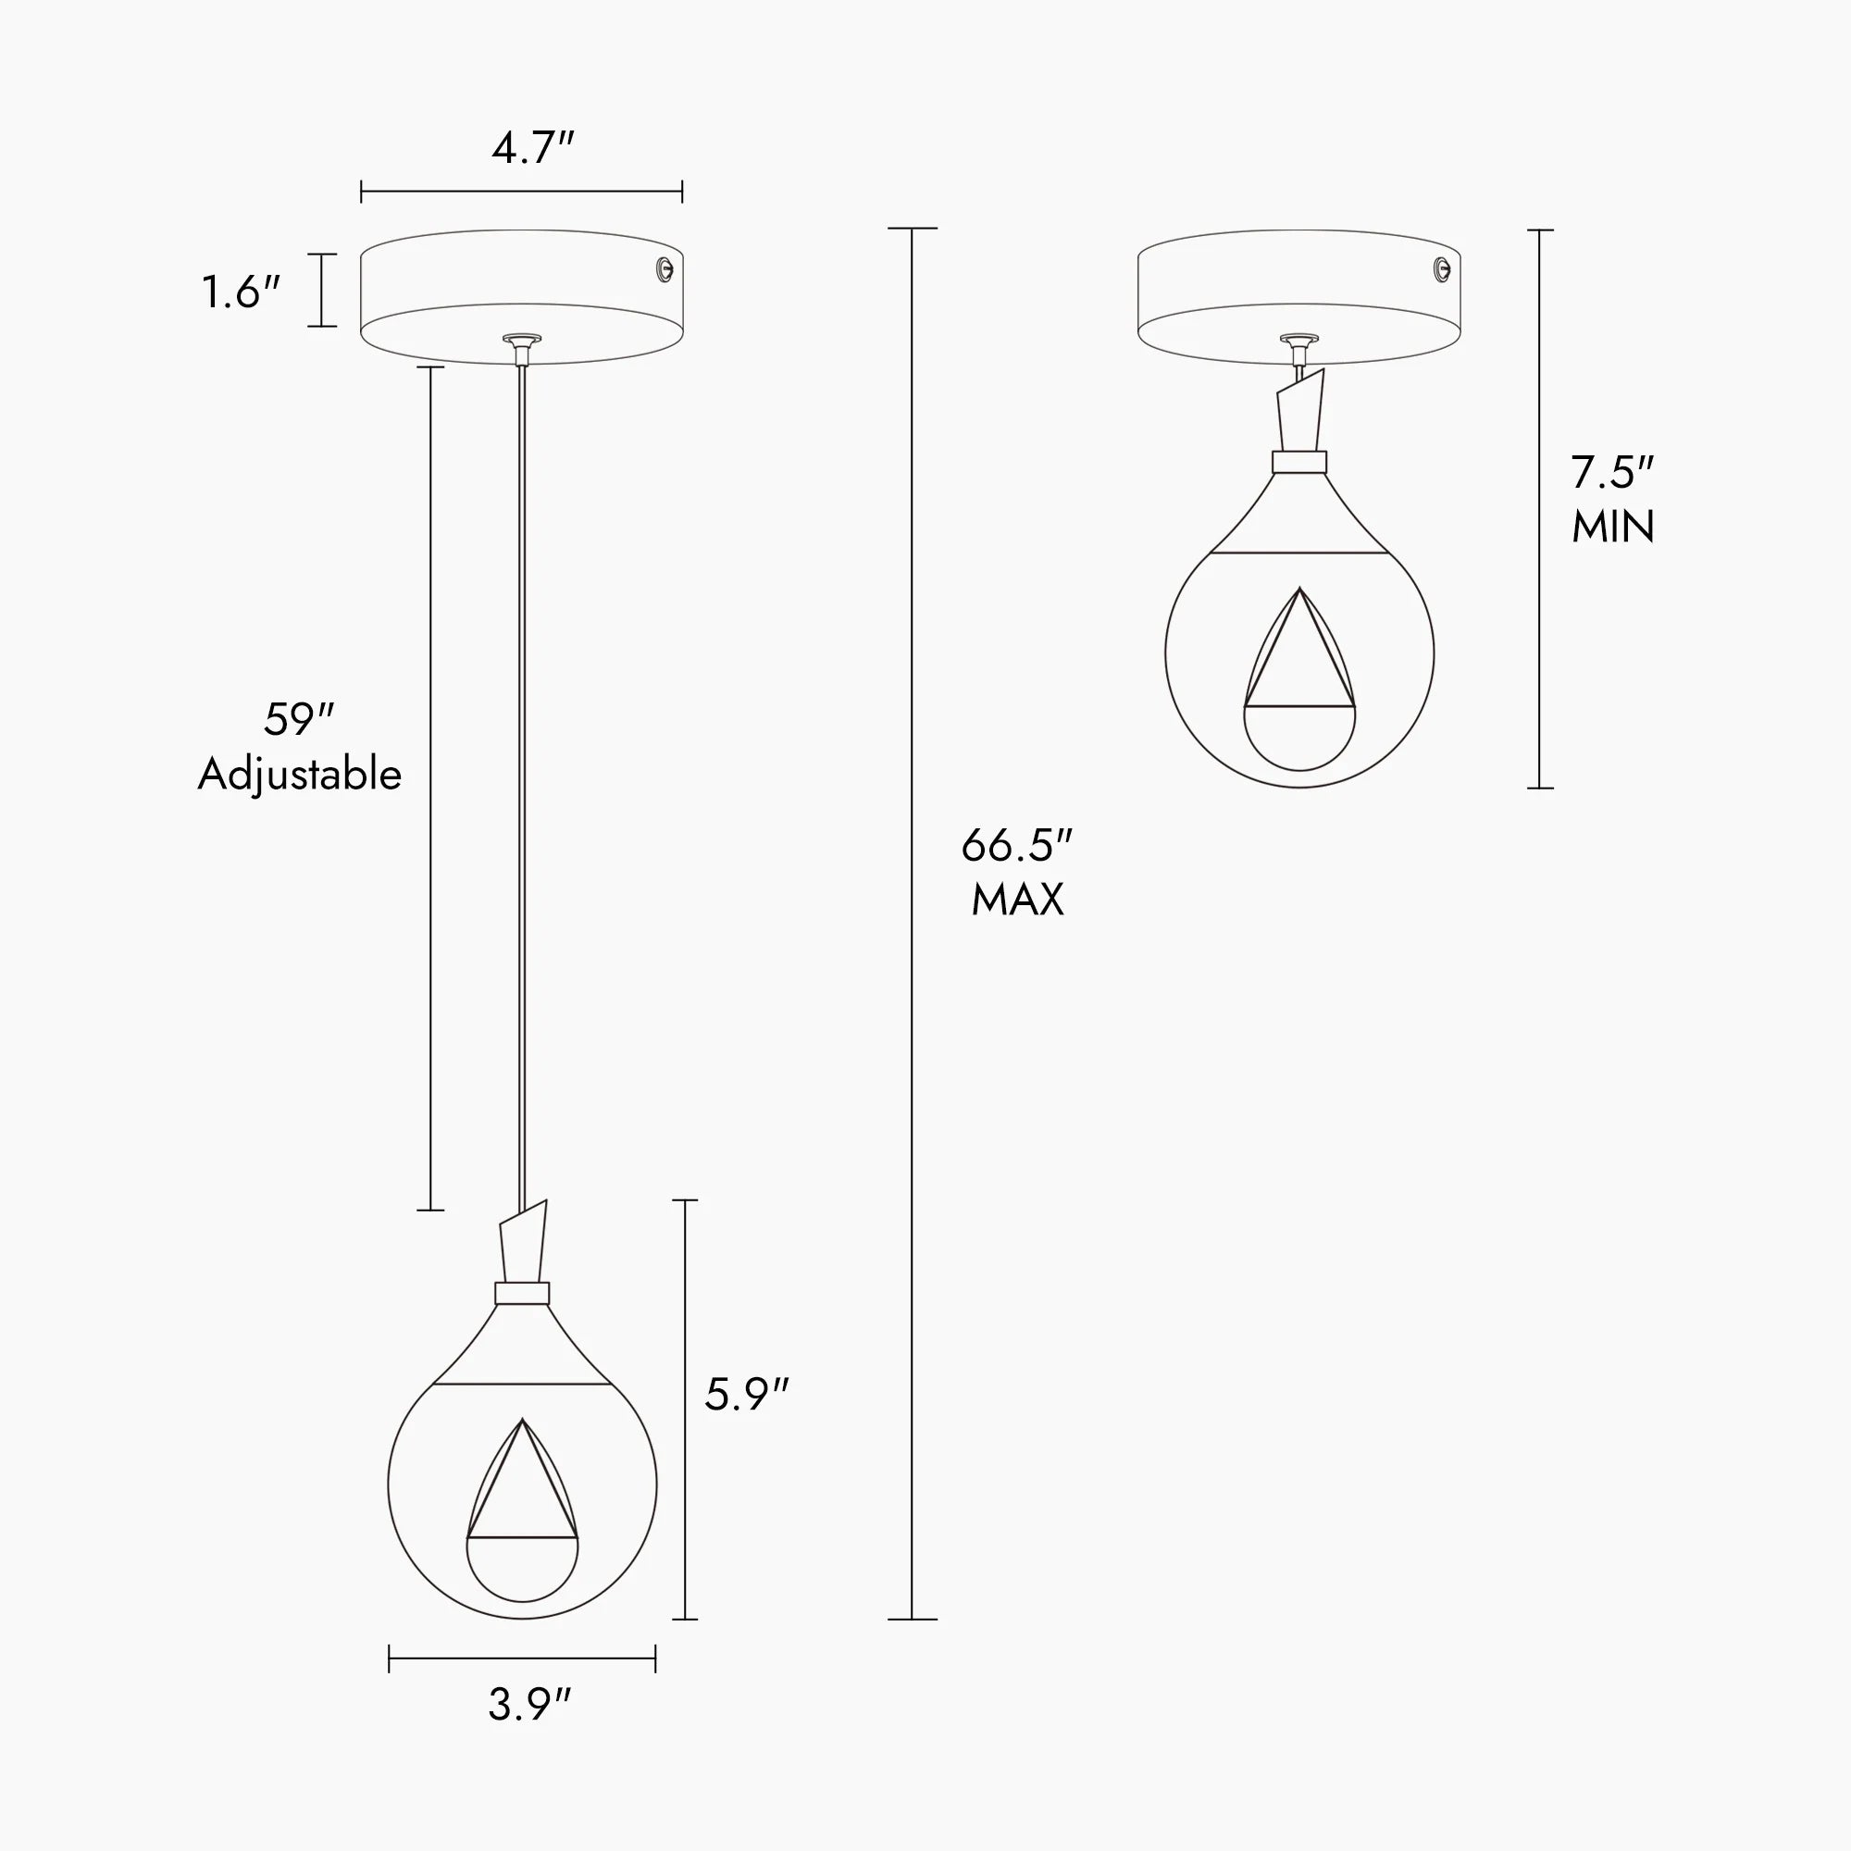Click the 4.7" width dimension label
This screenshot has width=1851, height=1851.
pyautogui.click(x=533, y=147)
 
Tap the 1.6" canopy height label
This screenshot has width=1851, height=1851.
pyautogui.click(x=241, y=292)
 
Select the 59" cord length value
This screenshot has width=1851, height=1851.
pyautogui.click(x=299, y=719)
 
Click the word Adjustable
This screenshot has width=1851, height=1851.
pyautogui.click(x=300, y=775)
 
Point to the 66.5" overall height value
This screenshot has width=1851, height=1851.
pyautogui.click(x=1016, y=845)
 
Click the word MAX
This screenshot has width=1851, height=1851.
pyautogui.click(x=1017, y=900)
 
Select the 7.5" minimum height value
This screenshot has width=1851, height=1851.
pyautogui.click(x=1612, y=472)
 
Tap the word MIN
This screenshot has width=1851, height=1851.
pyautogui.click(x=1613, y=527)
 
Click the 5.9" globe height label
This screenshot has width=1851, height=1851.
pyautogui.click(x=746, y=1395)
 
